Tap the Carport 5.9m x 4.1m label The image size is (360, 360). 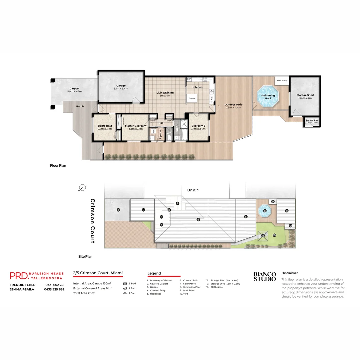click(x=74, y=90)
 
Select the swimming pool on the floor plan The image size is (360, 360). click(x=268, y=97)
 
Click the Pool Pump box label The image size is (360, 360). click(x=282, y=80)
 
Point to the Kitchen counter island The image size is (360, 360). click(x=192, y=98)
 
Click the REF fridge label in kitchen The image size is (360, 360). click(x=189, y=79)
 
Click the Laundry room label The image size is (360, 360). click(x=161, y=134)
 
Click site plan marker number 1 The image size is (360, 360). click(x=118, y=210)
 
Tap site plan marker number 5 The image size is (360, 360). click(x=198, y=219)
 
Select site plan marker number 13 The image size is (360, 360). click(x=263, y=236)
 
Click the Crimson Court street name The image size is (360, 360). click(x=92, y=221)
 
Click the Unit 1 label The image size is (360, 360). click(x=193, y=190)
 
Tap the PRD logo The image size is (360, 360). click(x=19, y=275)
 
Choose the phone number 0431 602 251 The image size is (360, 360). click(x=55, y=285)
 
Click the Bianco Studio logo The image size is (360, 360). click(x=265, y=277)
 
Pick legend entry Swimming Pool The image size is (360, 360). click(x=192, y=287)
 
